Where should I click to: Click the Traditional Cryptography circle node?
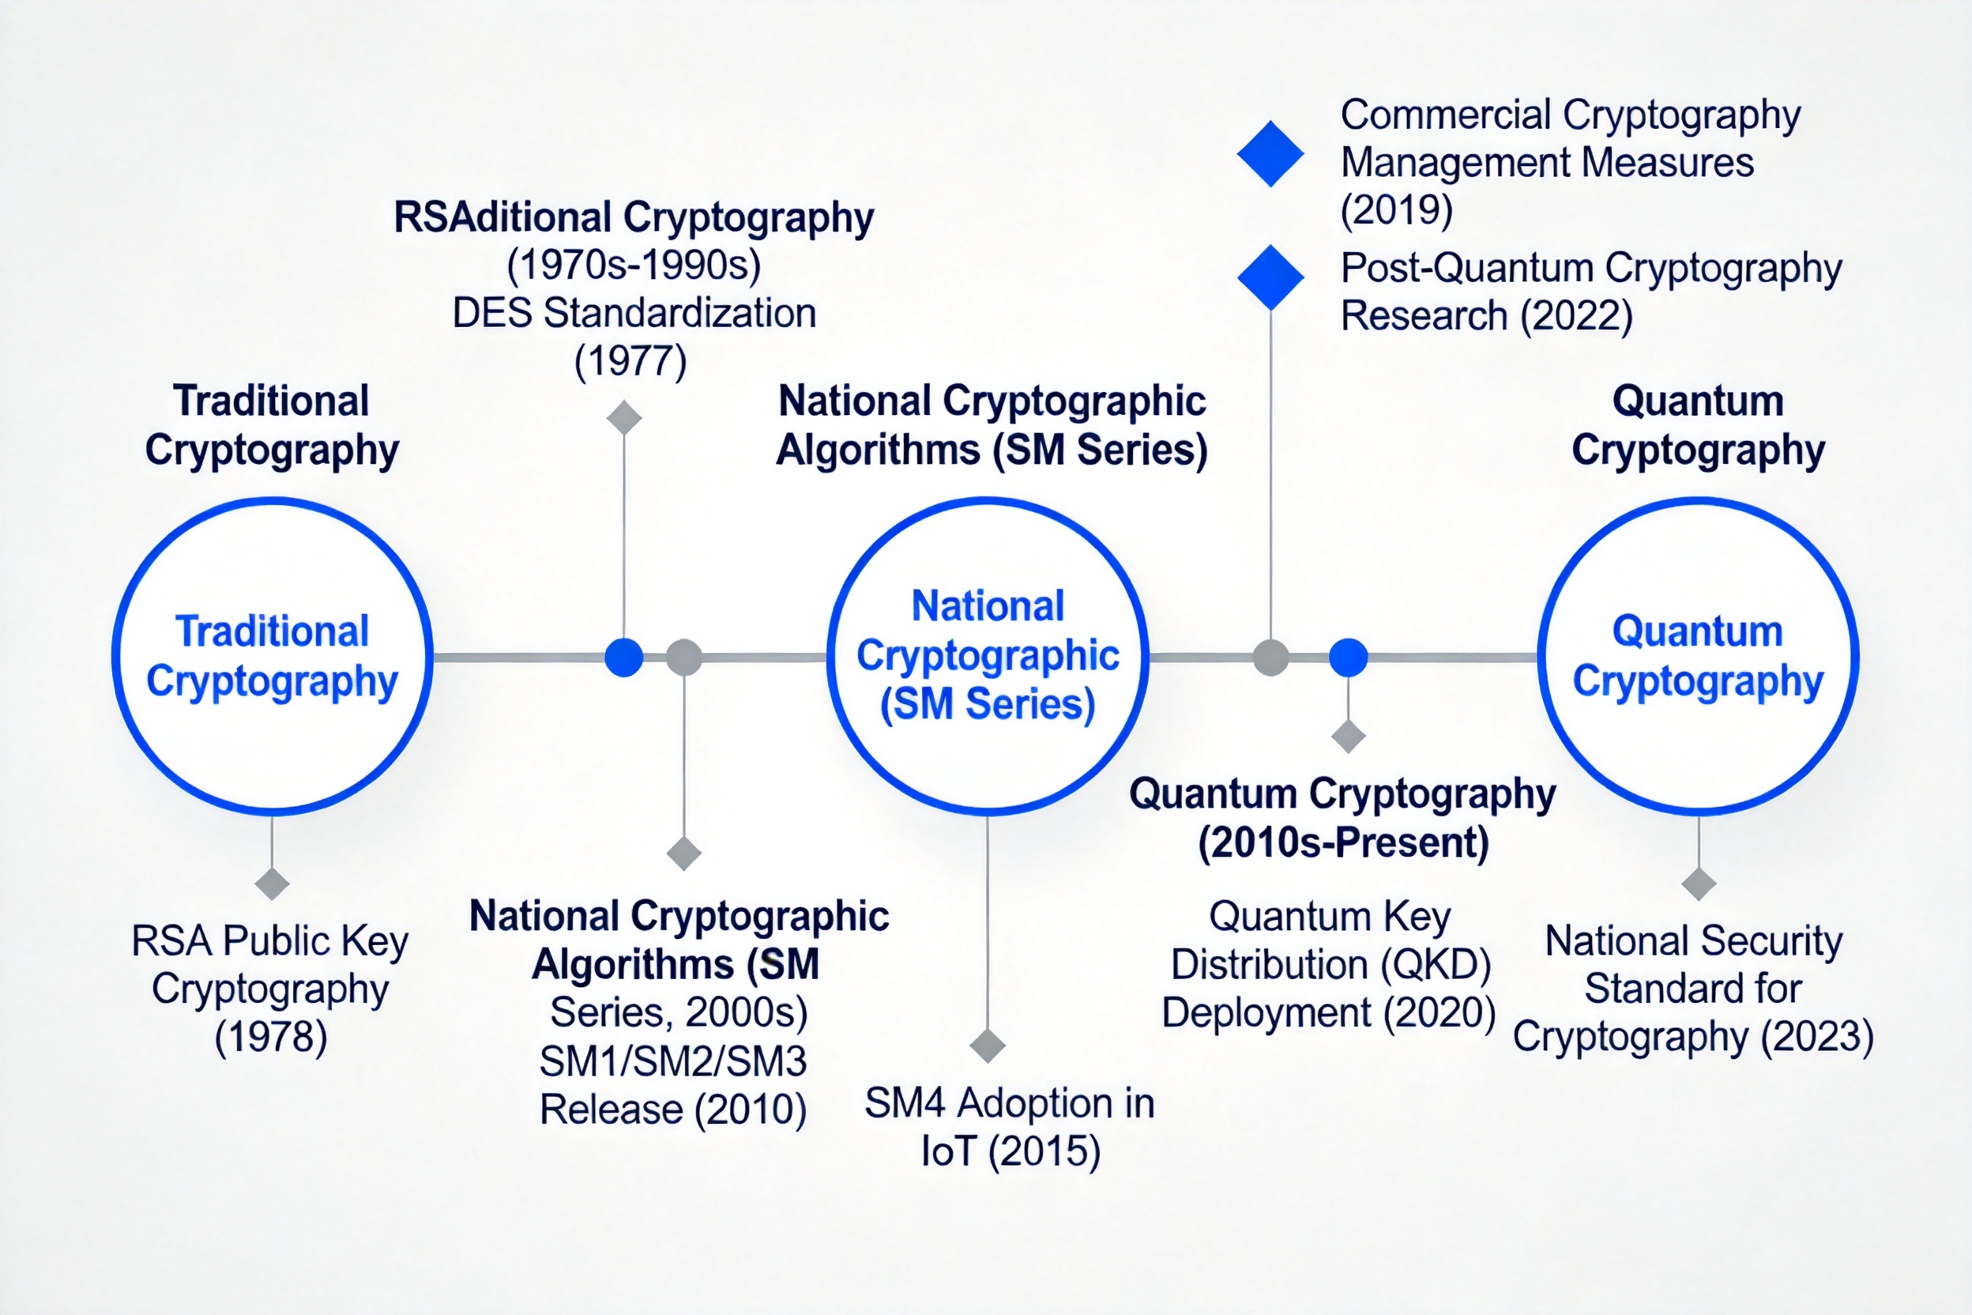click(273, 656)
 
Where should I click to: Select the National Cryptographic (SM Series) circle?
click(988, 656)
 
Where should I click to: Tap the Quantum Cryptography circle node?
click(1698, 656)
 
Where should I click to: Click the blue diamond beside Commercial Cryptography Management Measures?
click(1270, 153)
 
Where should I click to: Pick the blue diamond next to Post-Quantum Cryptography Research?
click(1270, 277)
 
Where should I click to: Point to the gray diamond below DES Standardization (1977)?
click(624, 417)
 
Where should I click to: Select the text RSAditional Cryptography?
click(634, 217)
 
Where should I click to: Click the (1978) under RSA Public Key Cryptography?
click(271, 1038)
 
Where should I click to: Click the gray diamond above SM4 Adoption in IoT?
click(987, 1046)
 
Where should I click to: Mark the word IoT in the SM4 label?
click(948, 1151)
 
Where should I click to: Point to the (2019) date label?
click(1396, 209)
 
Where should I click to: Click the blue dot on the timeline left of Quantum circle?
click(1348, 657)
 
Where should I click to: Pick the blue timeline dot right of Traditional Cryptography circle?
click(624, 657)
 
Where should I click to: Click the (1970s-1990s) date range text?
click(634, 266)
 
